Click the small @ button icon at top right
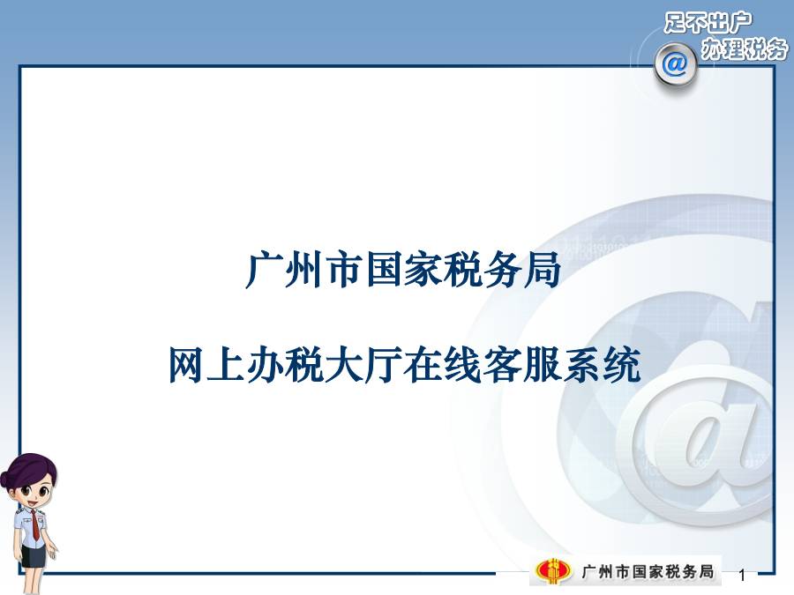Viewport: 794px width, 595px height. click(675, 64)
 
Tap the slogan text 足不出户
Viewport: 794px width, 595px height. click(708, 23)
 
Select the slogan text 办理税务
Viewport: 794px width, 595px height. click(745, 48)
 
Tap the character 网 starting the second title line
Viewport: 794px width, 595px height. click(187, 364)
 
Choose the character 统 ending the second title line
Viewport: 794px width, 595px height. click(621, 364)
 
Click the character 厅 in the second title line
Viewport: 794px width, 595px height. click(384, 364)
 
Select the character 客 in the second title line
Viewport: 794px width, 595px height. click(502, 364)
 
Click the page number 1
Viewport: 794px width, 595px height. click(742, 576)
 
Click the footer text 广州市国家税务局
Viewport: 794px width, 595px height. click(648, 572)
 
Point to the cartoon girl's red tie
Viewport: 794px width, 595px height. click(34, 525)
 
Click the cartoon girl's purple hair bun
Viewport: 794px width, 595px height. click(6, 479)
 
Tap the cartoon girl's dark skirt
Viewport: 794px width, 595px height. click(34, 555)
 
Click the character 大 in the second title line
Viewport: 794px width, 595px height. click(344, 364)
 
